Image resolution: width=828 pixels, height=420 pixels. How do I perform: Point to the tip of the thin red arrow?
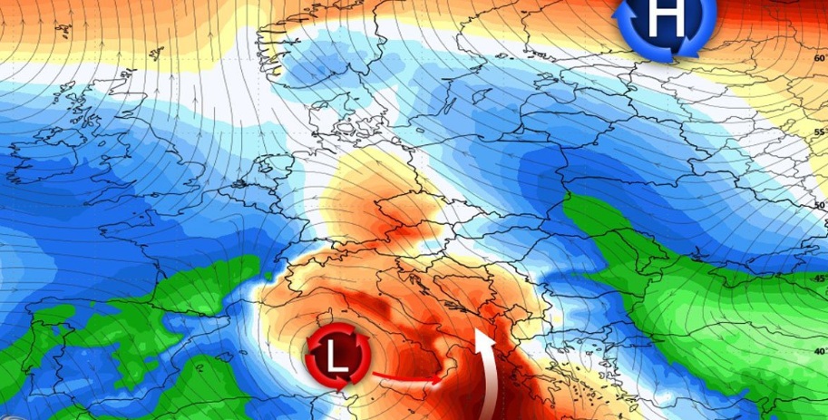444,380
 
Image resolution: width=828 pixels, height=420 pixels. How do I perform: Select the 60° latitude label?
819,59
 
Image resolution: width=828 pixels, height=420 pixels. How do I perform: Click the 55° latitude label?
819,132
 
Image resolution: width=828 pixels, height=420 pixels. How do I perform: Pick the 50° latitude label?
819,206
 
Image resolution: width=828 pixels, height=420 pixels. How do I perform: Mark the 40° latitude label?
819,352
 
